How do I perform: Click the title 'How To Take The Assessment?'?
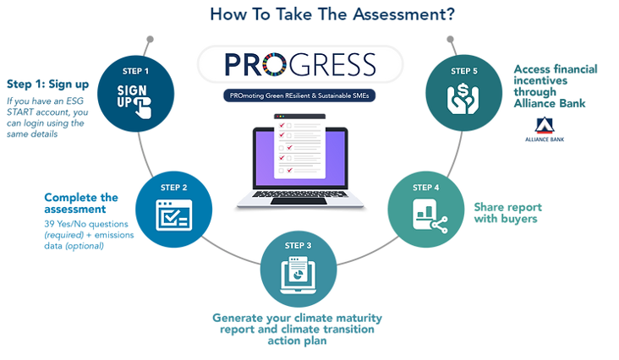pyautogui.click(x=309, y=14)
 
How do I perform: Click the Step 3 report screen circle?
pyautogui.click(x=298, y=268)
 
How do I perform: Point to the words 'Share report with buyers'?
pyautogui.click(x=507, y=213)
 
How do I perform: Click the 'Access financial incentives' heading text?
pyautogui.click(x=556, y=76)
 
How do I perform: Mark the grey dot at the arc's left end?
pyautogui.click(x=150, y=39)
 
